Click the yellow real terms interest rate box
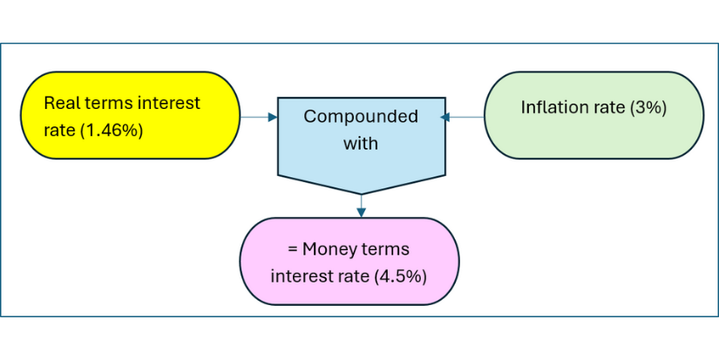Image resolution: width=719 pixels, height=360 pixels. (x=130, y=115)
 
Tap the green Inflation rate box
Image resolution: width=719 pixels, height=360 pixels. (x=594, y=115)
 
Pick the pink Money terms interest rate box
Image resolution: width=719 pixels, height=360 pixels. (x=349, y=262)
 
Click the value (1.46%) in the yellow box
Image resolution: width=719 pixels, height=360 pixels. (x=112, y=131)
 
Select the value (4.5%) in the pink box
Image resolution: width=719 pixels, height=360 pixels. (x=400, y=277)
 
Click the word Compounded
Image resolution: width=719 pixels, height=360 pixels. (x=361, y=117)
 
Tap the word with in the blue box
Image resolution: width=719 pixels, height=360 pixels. (x=361, y=144)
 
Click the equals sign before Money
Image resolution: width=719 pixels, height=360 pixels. (x=293, y=250)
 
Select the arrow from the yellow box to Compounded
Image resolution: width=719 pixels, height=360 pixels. (x=259, y=117)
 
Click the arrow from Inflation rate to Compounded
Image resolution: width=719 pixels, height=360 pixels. (x=462, y=117)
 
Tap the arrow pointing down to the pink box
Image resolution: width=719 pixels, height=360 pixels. (x=362, y=206)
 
